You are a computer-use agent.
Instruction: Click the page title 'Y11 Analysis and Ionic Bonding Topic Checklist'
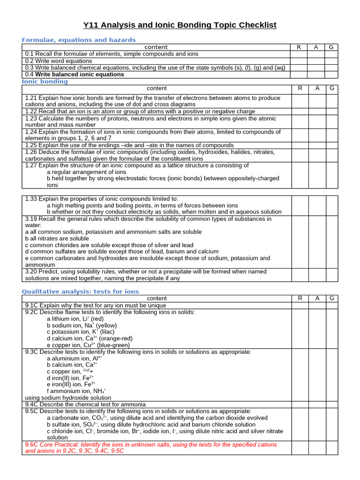pyautogui.click(x=180, y=25)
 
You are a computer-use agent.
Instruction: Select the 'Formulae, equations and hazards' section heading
pyautogui.click(x=79, y=40)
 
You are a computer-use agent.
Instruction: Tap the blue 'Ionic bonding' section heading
pyautogui.click(x=45, y=81)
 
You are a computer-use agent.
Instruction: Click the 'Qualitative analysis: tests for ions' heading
pyautogui.click(x=81, y=291)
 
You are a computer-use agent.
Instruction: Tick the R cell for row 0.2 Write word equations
pyautogui.click(x=299, y=61)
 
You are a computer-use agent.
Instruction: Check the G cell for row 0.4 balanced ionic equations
pyautogui.click(x=332, y=75)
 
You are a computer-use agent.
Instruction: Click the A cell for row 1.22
pyautogui.click(x=316, y=112)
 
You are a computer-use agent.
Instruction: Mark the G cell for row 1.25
pyautogui.click(x=332, y=145)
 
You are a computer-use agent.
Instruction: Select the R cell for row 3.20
pyautogui.click(x=300, y=275)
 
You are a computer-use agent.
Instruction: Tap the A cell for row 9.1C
pyautogui.click(x=316, y=305)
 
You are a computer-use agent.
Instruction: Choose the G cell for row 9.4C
pyautogui.click(x=332, y=404)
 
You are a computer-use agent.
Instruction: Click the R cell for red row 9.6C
pyautogui.click(x=300, y=448)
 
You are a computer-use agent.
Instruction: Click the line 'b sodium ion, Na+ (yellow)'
pyautogui.click(x=82, y=325)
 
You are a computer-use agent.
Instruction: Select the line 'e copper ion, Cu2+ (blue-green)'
pyautogui.click(x=88, y=345)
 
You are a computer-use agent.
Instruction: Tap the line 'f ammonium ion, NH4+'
pyautogui.click(x=76, y=390)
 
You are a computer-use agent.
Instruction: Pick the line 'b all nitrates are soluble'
pyautogui.click(x=57, y=239)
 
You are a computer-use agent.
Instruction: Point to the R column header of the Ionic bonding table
pyautogui.click(x=300, y=88)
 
